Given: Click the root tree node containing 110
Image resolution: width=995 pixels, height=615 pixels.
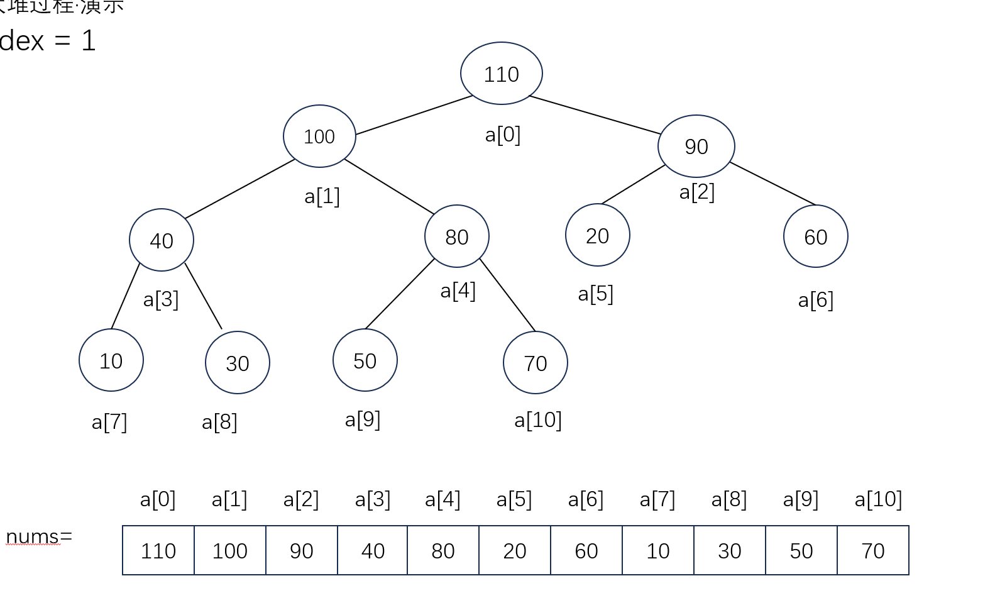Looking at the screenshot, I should click(501, 74).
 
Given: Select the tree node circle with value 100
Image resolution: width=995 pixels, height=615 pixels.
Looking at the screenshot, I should click(319, 136).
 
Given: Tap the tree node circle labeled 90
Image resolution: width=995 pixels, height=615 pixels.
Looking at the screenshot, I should click(696, 147).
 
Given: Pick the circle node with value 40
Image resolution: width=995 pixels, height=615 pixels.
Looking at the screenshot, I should click(162, 240).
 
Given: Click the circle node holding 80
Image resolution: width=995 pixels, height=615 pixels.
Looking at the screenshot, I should click(457, 236).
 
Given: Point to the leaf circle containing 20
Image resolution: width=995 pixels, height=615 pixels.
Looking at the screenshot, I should click(597, 236).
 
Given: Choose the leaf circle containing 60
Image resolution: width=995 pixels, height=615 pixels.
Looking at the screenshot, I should click(815, 236).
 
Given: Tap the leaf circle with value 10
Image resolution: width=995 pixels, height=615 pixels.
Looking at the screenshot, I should click(111, 360).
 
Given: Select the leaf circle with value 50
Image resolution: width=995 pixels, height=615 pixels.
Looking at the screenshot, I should click(365, 360).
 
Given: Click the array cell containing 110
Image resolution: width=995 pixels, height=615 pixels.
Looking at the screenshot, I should click(158, 551).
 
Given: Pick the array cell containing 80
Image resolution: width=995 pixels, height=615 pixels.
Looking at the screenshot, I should click(443, 551).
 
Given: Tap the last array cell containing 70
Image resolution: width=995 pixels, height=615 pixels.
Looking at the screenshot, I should click(873, 551).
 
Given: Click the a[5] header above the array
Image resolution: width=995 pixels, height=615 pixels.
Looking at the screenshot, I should click(514, 500).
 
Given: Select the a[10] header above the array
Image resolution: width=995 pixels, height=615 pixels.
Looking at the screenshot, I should click(878, 500).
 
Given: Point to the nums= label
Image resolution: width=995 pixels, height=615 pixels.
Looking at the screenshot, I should click(39, 537).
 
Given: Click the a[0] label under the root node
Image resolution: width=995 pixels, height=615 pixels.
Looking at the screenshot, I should click(503, 135).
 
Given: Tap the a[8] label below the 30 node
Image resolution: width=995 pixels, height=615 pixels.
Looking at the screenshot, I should click(219, 422).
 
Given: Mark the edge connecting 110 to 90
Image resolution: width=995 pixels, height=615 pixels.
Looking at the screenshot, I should click(595, 115).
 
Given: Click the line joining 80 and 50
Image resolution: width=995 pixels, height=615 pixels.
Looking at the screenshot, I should click(400, 294).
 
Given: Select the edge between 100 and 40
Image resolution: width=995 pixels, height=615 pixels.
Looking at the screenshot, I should click(239, 189).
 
